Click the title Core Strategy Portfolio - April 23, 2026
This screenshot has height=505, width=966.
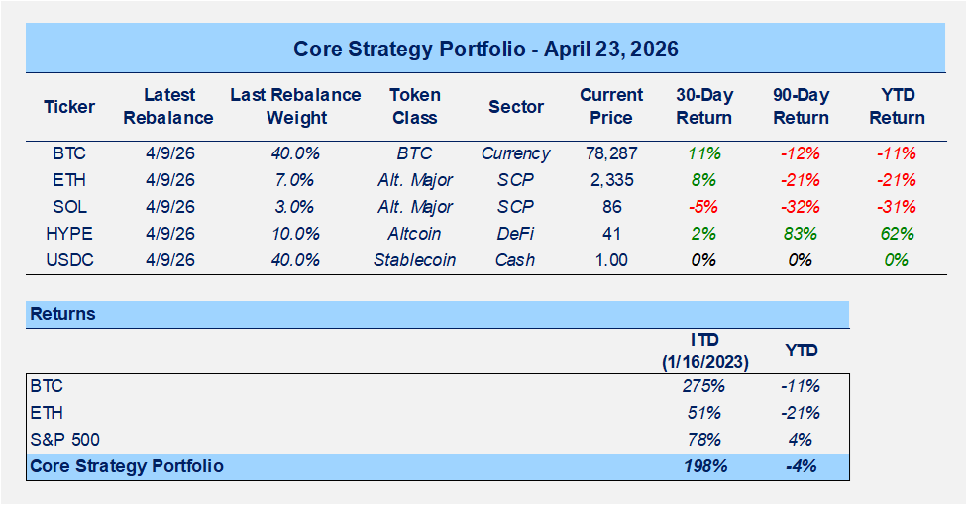(x=485, y=49)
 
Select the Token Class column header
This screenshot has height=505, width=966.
(x=414, y=106)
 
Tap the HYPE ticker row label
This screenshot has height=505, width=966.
(x=69, y=234)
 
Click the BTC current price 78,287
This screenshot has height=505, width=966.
(x=611, y=153)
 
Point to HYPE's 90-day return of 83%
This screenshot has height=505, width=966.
(x=800, y=234)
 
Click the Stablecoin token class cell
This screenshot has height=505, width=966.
(x=414, y=260)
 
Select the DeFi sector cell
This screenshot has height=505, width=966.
(x=515, y=234)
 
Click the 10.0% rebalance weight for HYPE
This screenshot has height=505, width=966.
(x=295, y=234)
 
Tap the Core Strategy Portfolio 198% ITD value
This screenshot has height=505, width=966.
(x=705, y=465)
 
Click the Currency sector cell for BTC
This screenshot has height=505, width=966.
(x=515, y=153)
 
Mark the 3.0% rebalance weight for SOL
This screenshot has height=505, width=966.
(x=295, y=207)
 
